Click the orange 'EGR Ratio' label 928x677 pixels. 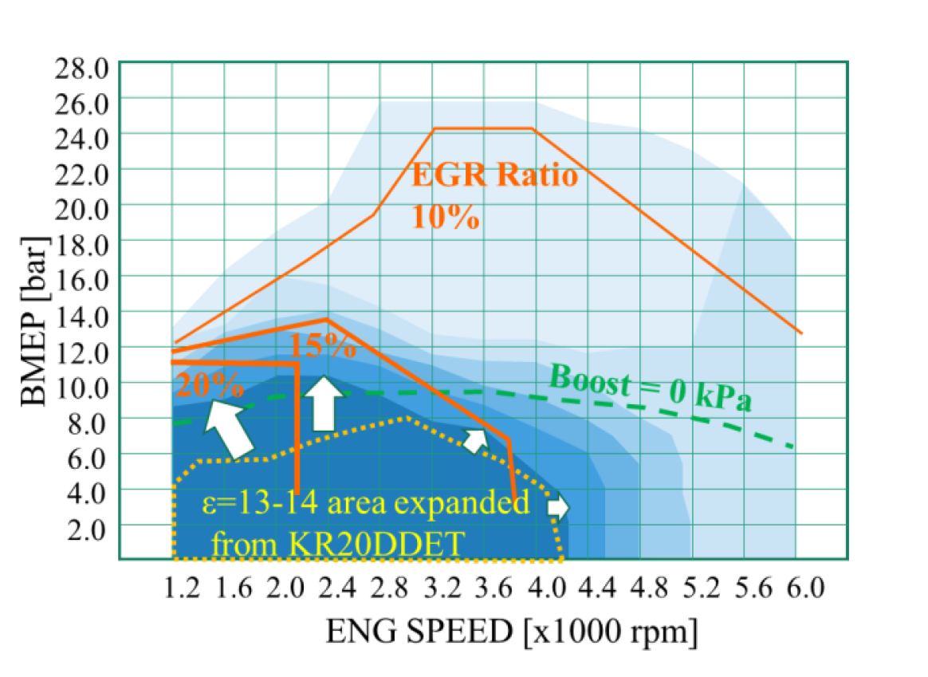494,175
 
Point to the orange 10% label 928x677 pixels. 446,216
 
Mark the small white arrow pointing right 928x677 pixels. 557,506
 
